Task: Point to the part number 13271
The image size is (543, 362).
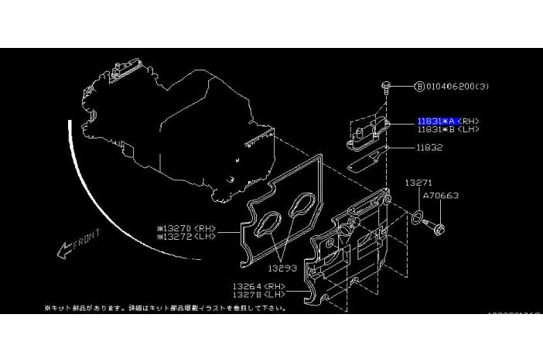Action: click(419, 183)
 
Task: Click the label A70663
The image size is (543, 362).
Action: click(442, 196)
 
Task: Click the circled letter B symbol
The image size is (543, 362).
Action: click(419, 86)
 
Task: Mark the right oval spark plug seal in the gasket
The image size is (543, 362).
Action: click(299, 208)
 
